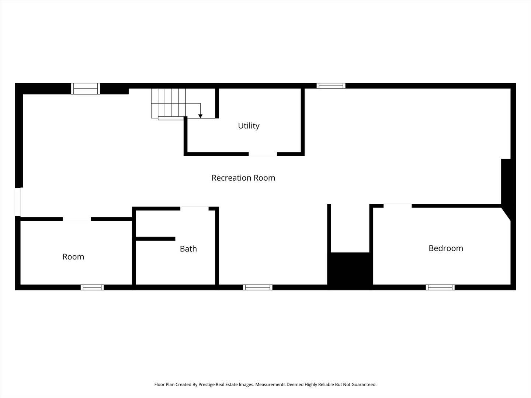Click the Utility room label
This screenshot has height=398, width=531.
pyautogui.click(x=249, y=126)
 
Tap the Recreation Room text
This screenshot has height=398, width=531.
pyautogui.click(x=243, y=178)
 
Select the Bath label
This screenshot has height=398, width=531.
pyautogui.click(x=188, y=249)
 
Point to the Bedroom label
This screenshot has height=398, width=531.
pyautogui.click(x=445, y=248)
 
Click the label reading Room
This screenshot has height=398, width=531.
pyautogui.click(x=73, y=257)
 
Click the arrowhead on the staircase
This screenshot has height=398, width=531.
pyautogui.click(x=200, y=116)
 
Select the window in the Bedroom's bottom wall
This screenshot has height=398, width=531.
pyautogui.click(x=440, y=287)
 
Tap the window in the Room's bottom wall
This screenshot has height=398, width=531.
pyautogui.click(x=92, y=287)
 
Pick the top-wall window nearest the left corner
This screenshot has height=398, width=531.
pyautogui.click(x=86, y=89)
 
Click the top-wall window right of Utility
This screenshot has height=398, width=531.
pyautogui.click(x=331, y=86)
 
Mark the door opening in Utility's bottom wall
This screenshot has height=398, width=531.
pyautogui.click(x=263, y=154)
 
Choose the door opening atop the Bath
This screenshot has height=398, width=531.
pyautogui.click(x=194, y=209)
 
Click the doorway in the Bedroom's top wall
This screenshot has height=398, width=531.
pyautogui.click(x=398, y=206)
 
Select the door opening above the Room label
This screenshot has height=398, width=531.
pyautogui.click(x=77, y=219)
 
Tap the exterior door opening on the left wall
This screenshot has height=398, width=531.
pyautogui.click(x=17, y=202)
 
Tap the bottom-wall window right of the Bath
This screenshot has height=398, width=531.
pyautogui.click(x=258, y=287)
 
